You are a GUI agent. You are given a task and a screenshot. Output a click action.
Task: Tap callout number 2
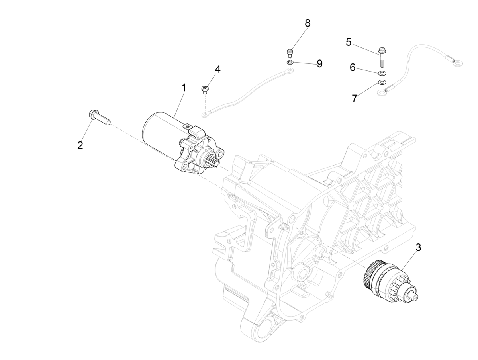(80, 145)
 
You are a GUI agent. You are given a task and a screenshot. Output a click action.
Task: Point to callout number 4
(217, 69)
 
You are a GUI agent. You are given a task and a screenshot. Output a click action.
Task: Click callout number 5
(349, 42)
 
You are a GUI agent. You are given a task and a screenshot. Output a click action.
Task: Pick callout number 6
(353, 67)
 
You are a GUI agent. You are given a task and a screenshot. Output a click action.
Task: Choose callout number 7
(355, 98)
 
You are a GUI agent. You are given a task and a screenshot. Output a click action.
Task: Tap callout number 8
(307, 23)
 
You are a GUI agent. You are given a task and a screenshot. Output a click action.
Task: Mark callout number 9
(319, 64)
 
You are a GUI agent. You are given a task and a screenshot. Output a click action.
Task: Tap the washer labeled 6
(382, 73)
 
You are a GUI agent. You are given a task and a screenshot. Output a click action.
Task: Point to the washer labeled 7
(382, 82)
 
